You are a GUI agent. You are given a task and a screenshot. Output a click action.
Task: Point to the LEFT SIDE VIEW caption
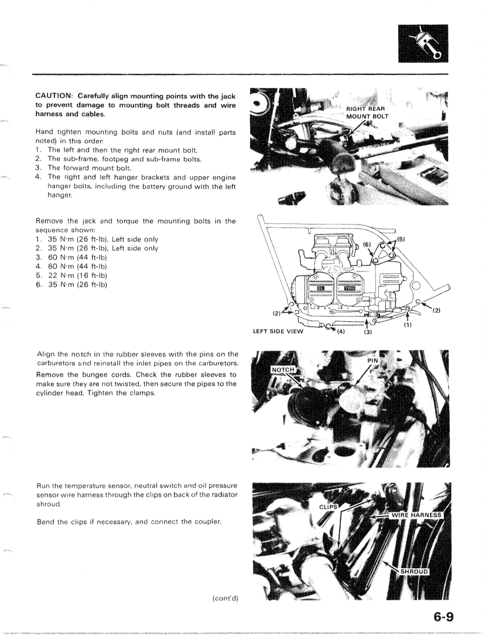point(278,332)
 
